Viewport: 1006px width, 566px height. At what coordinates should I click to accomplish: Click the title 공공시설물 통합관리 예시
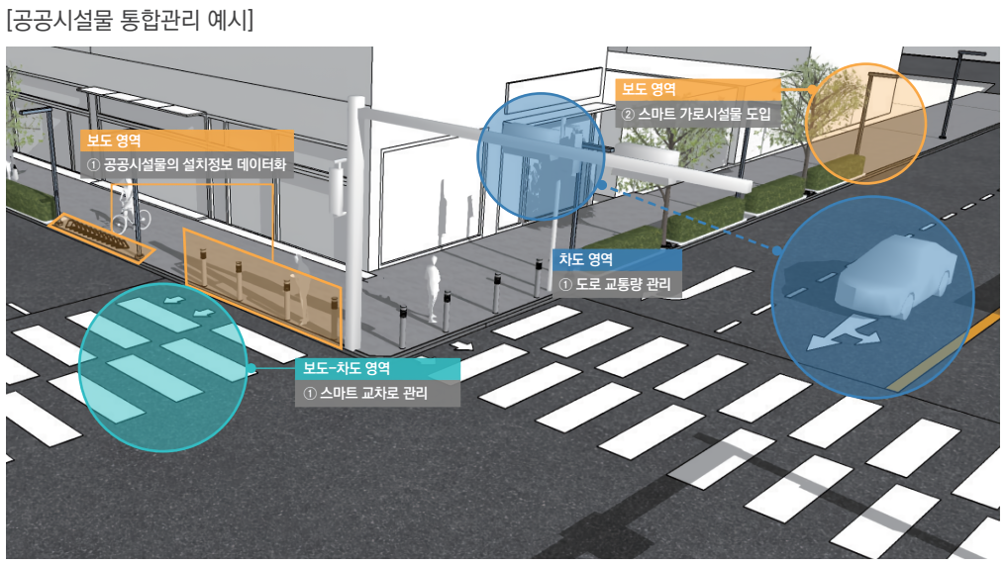pos(131,19)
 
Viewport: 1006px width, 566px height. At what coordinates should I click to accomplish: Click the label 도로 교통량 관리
pos(615,284)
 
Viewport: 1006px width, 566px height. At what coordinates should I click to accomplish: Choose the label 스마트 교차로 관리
pos(365,393)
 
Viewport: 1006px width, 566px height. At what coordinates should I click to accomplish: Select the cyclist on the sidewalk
pos(130,209)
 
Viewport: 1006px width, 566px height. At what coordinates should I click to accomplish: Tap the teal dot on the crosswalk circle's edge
pos(251,368)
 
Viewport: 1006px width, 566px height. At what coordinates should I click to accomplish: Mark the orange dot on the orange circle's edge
pos(812,90)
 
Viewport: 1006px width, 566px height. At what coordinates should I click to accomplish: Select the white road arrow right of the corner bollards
pos(461,346)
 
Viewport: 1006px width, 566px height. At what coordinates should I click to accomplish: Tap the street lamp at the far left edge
pos(42,153)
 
